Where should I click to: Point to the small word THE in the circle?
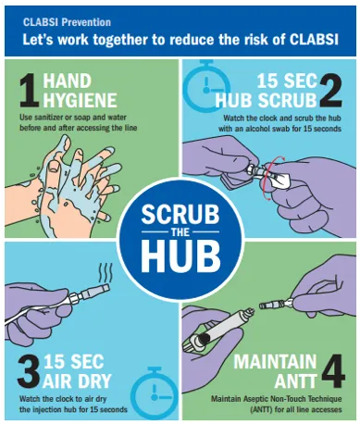click(x=180, y=235)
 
